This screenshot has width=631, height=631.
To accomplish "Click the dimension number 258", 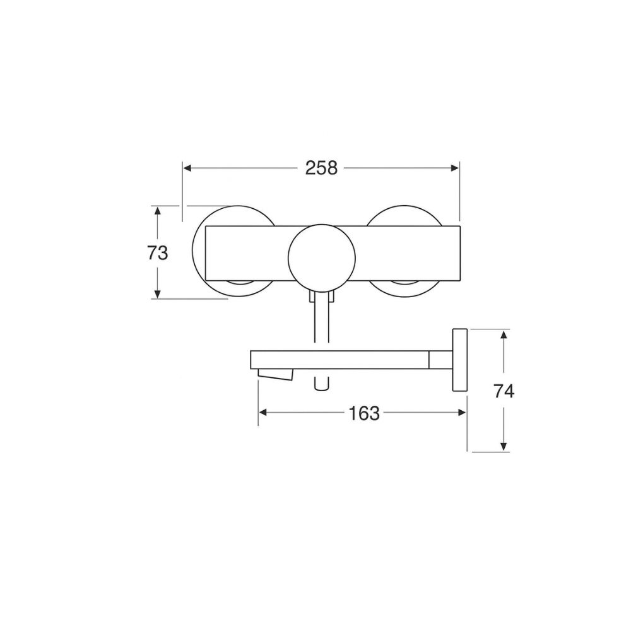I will pyautogui.click(x=321, y=168).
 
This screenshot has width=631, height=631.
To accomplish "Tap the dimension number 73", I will pyautogui.click(x=157, y=253).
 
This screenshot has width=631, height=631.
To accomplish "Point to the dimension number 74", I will pyautogui.click(x=504, y=391).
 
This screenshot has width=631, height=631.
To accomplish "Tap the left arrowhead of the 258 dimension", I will pyautogui.click(x=187, y=168).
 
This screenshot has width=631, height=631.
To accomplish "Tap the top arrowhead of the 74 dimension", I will pyautogui.click(x=504, y=334).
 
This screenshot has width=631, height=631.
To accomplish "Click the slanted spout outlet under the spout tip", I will pyautogui.click(x=276, y=375).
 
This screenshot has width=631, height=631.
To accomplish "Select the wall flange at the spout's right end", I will pyautogui.click(x=459, y=360).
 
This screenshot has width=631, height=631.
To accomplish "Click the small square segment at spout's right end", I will pyautogui.click(x=439, y=360).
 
